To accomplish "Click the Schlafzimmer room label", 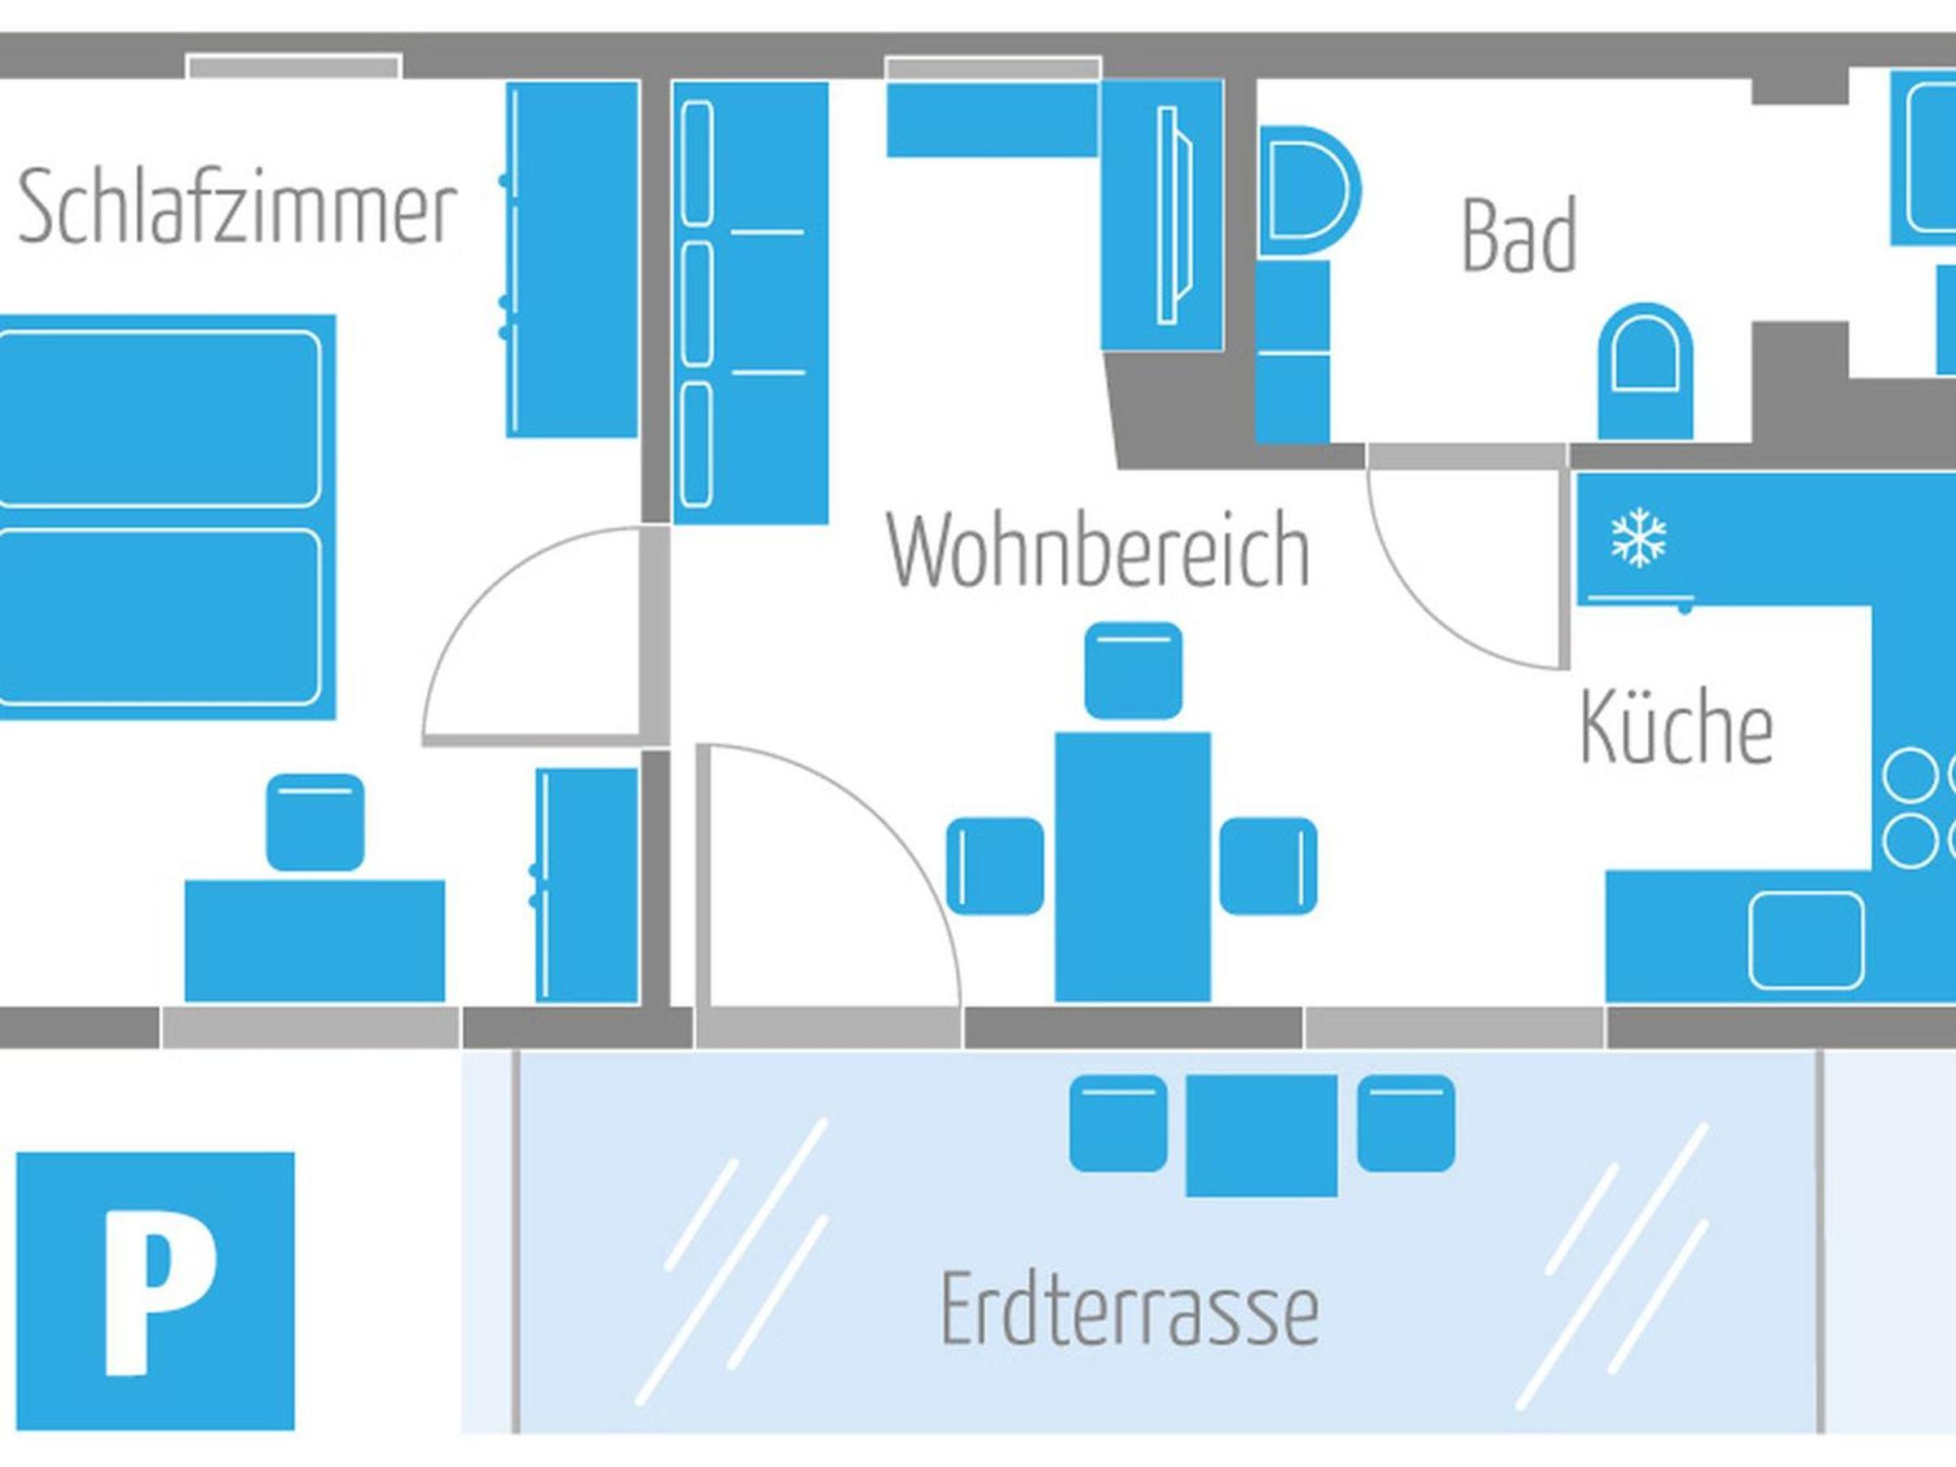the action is pyautogui.click(x=237, y=209).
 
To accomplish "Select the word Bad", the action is pyautogui.click(x=1519, y=236).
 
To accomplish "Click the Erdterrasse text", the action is pyautogui.click(x=1130, y=1309).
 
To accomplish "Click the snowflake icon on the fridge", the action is pyautogui.click(x=1638, y=538).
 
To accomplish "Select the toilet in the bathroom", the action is pyautogui.click(x=1645, y=372).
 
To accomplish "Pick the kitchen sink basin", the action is pyautogui.click(x=1807, y=939).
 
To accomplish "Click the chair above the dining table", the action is pyautogui.click(x=1133, y=670).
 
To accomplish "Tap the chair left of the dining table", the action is pyautogui.click(x=996, y=866).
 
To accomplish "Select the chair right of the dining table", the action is pyautogui.click(x=1268, y=866).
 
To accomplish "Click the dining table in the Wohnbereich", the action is pyautogui.click(x=1133, y=867).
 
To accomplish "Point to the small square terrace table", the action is pyautogui.click(x=1261, y=1135).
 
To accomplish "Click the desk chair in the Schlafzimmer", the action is pyautogui.click(x=315, y=822).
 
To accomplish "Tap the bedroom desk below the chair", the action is pyautogui.click(x=315, y=941).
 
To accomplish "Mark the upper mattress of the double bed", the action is pyautogui.click(x=159, y=419).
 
